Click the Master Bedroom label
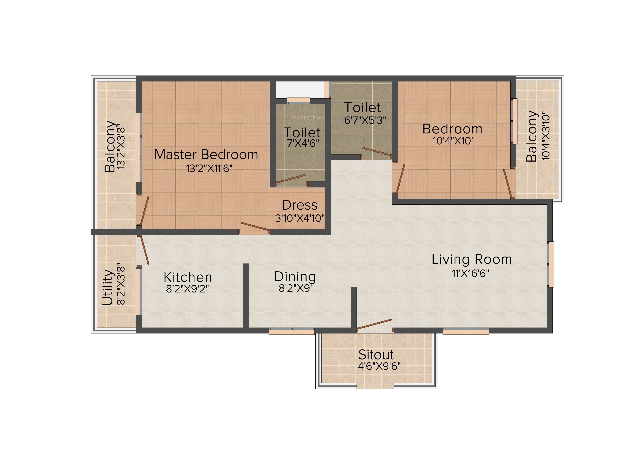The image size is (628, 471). (206, 155)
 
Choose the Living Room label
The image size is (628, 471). (472, 259)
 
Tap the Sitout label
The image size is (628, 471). (376, 355)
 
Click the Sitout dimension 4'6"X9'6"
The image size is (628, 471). (379, 366)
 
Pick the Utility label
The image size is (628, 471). (108, 287)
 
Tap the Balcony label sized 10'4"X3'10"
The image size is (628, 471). (532, 136)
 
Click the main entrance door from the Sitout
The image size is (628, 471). (374, 325)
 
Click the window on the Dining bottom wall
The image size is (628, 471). (292, 331)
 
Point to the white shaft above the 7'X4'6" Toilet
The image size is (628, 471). (300, 89)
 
